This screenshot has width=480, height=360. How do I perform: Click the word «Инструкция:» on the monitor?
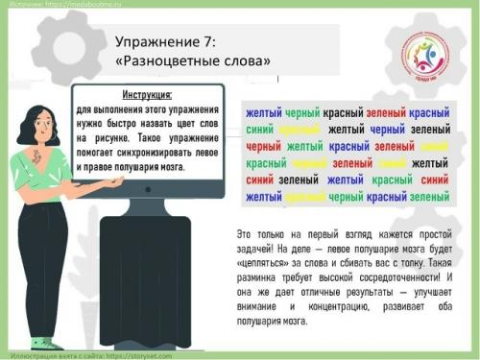point(147,95)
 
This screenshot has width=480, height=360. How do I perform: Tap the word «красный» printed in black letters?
point(343,112)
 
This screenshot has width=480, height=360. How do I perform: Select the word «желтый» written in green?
point(305,147)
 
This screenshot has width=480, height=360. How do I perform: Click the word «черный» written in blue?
point(388,130)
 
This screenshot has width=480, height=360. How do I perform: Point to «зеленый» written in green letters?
point(429,197)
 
